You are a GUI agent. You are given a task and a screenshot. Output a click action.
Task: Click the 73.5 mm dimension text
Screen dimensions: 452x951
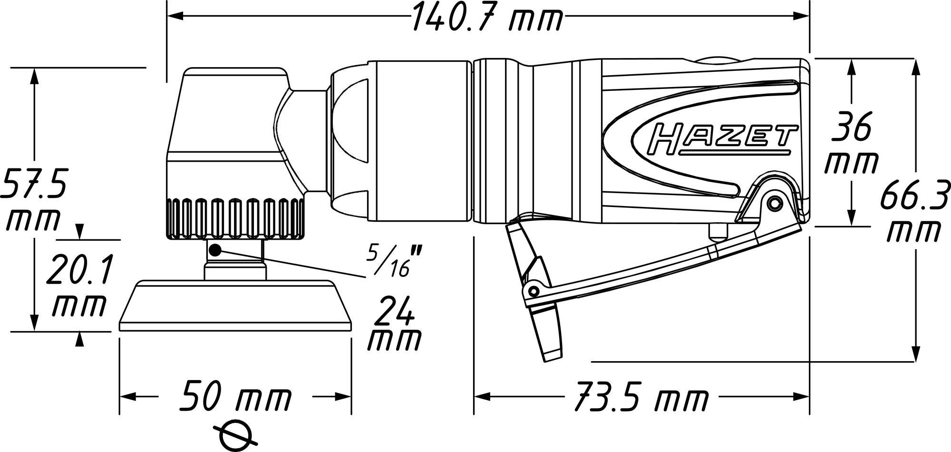click(x=640, y=396)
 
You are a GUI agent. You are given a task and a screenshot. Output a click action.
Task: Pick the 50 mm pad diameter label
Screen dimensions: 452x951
click(x=235, y=396)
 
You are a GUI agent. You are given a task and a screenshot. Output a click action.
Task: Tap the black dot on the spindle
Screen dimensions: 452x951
click(x=215, y=249)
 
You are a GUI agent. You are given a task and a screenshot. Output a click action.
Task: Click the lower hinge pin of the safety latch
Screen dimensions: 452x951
click(x=533, y=291)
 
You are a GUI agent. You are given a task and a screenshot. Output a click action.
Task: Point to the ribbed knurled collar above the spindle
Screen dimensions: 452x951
click(x=235, y=217)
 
